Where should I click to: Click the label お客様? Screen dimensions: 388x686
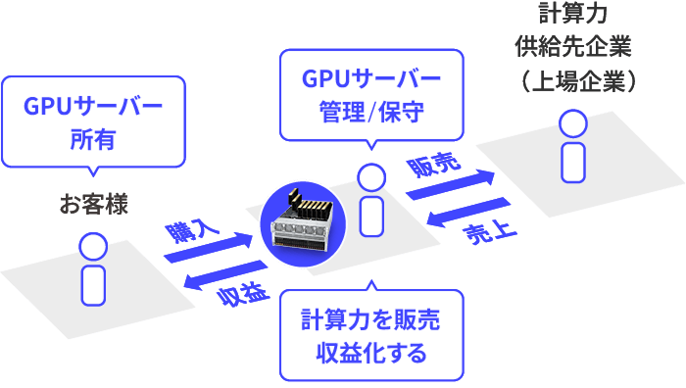pyautogui.click(x=93, y=205)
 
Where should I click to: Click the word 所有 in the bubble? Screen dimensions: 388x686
pyautogui.click(x=93, y=139)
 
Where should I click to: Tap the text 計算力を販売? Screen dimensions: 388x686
pyautogui.click(x=370, y=320)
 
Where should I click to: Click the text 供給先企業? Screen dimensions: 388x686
pyautogui.click(x=573, y=47)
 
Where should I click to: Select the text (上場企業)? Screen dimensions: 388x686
pyautogui.click(x=573, y=80)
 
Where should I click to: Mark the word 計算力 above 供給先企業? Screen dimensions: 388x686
pyautogui.click(x=573, y=14)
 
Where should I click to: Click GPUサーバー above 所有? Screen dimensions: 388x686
pyautogui.click(x=93, y=105)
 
